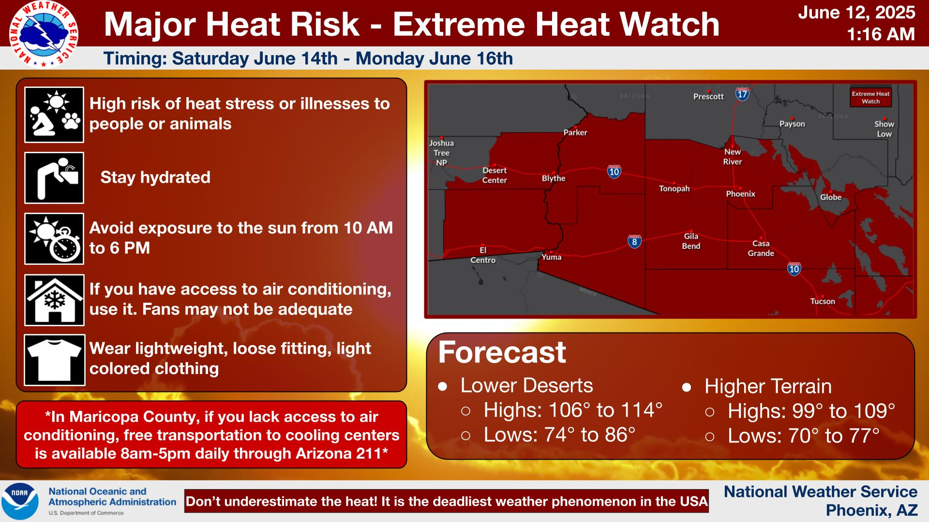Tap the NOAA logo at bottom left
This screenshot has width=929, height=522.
pyautogui.click(x=20, y=501)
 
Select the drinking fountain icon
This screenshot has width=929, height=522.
pyautogui.click(x=54, y=178)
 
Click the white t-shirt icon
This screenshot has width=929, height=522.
pyautogui.click(x=54, y=360)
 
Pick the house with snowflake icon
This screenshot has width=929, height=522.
pyautogui.click(x=54, y=300)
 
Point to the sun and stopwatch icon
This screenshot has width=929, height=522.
pyautogui.click(x=54, y=239)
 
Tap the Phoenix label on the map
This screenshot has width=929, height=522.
pyautogui.click(x=740, y=194)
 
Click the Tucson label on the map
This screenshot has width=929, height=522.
pyautogui.click(x=823, y=301)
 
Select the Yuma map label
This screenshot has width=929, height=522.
pyautogui.click(x=552, y=257)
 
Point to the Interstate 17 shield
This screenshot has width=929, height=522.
pyautogui.click(x=742, y=94)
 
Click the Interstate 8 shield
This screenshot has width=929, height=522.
pyautogui.click(x=635, y=242)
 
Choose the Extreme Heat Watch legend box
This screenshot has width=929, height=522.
pyautogui.click(x=871, y=97)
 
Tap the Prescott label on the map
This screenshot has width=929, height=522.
pyautogui.click(x=708, y=96)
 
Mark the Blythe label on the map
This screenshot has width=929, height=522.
pyautogui.click(x=554, y=178)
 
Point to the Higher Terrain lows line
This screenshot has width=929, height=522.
pyautogui.click(x=804, y=436)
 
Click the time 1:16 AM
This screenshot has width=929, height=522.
pyautogui.click(x=881, y=34)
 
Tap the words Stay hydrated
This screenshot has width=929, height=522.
pyautogui.click(x=155, y=177)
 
